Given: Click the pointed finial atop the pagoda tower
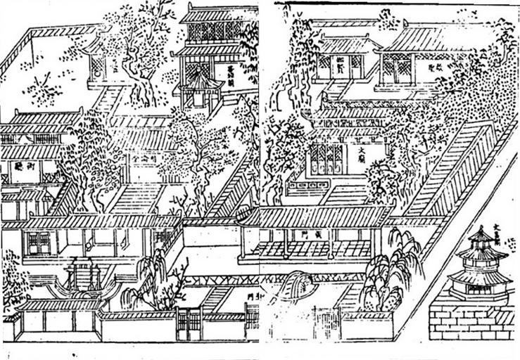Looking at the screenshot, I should tap(482, 231).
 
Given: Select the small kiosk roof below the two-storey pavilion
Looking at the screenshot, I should tap(200, 83).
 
